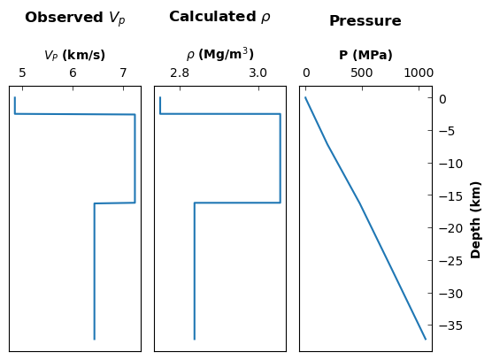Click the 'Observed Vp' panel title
[x=75, y=19]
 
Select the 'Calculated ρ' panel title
[x=219, y=17]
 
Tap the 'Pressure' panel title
[x=365, y=21]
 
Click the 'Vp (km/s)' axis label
[x=74, y=56]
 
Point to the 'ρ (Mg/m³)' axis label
[x=220, y=54]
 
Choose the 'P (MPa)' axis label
[x=365, y=55]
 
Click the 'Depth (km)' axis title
[x=476, y=220]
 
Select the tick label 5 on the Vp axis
[x=22, y=73]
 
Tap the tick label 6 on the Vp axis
[x=73, y=73]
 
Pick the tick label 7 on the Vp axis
[x=123, y=73]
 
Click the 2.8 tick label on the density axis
[x=180, y=73]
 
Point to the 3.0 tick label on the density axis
[x=258, y=73]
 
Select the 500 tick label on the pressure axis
[x=362, y=73]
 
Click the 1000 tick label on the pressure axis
[x=419, y=73]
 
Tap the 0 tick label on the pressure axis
[x=306, y=73]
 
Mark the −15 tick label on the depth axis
[x=451, y=196]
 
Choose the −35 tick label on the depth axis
[x=451, y=326]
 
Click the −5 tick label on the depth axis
[x=447, y=132]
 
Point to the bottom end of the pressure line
[x=426, y=339]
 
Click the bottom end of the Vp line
[x=95, y=339]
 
